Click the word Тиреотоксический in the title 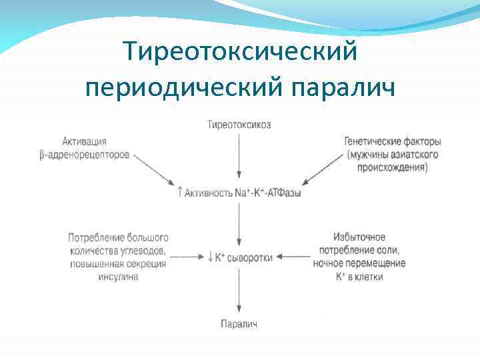241,52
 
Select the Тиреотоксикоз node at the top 239,125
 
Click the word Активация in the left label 84,141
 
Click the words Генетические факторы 393,141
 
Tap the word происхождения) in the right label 393,167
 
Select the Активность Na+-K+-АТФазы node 239,193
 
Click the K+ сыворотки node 240,257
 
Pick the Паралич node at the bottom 239,323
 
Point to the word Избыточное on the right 360,237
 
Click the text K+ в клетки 360,276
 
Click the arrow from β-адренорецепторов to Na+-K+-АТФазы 153,169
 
